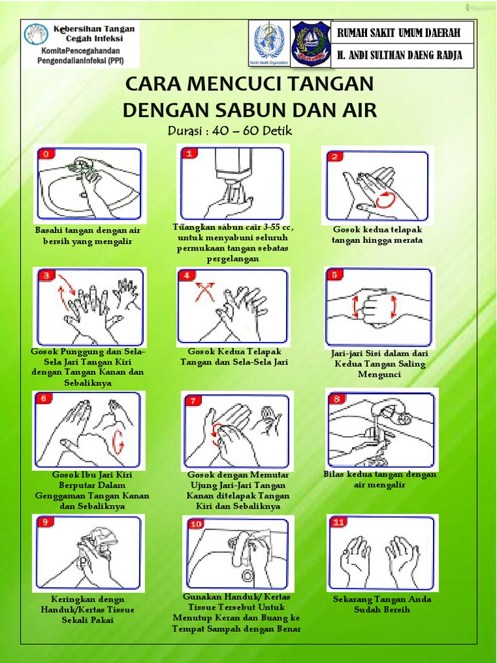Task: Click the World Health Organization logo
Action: (x=269, y=43)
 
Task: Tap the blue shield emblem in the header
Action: (x=311, y=43)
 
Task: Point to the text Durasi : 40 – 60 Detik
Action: (x=230, y=130)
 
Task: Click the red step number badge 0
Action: (x=47, y=154)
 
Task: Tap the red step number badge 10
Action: (x=196, y=524)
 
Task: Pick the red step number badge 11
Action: (x=338, y=523)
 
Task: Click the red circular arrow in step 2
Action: (x=386, y=199)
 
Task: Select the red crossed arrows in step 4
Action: (x=204, y=292)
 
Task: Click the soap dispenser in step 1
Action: (x=232, y=168)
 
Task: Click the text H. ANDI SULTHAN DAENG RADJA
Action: (x=399, y=55)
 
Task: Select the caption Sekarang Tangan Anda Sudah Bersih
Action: (x=382, y=604)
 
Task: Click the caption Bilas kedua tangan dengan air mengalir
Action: (x=379, y=480)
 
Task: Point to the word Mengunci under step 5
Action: (x=379, y=375)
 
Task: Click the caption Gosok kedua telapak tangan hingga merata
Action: (x=377, y=234)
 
